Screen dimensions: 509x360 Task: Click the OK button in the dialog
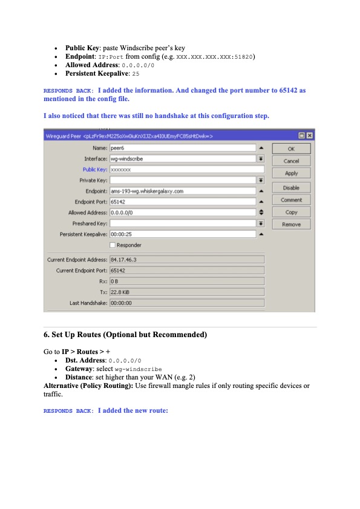[x=291, y=149]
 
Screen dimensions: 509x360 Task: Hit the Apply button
[x=291, y=173]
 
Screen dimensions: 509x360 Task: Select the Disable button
[x=291, y=188]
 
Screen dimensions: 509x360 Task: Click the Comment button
[x=291, y=200]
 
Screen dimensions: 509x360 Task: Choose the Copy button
[x=291, y=212]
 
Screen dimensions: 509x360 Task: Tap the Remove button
[x=291, y=225]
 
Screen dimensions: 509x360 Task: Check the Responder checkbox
[x=113, y=245]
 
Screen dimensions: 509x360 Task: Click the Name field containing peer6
[x=182, y=148]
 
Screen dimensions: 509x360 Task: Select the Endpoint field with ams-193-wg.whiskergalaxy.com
[x=182, y=191]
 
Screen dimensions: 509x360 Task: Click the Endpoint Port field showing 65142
[x=182, y=202]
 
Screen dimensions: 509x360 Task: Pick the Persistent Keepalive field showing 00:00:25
[x=182, y=234]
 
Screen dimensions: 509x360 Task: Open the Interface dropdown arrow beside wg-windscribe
[x=261, y=159]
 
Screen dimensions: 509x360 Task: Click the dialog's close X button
[x=310, y=136]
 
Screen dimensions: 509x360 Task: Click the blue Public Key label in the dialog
[x=95, y=170]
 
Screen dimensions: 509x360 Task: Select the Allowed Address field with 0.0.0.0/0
[x=182, y=212]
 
